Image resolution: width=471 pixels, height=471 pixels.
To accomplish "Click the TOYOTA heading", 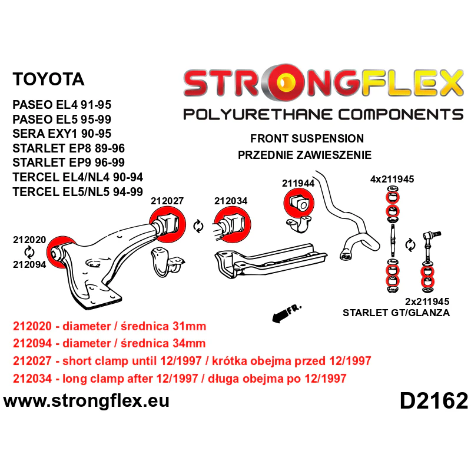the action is (x=48, y=79).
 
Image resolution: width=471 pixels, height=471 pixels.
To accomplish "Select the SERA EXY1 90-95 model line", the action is (x=62, y=134).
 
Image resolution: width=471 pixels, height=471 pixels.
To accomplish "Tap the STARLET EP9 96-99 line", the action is (x=68, y=162).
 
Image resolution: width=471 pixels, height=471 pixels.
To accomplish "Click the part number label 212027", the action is (x=167, y=201).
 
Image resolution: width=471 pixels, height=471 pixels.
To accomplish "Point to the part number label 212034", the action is (x=231, y=201).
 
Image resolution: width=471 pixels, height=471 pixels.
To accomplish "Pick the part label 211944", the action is (x=298, y=183).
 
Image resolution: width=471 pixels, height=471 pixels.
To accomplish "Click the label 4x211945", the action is (x=392, y=179).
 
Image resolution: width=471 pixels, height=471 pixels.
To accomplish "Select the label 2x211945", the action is (x=427, y=301).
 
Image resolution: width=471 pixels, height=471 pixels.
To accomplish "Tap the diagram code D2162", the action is (x=434, y=401).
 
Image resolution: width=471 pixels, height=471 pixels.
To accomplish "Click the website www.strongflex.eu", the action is (x=86, y=401).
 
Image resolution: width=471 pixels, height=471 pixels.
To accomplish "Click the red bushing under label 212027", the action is (x=167, y=225).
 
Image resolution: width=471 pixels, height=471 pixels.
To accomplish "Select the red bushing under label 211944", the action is (x=298, y=204).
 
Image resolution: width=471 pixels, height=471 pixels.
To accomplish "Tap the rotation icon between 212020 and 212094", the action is (x=29, y=252).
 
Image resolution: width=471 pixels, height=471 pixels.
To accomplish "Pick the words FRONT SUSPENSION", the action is (x=307, y=138).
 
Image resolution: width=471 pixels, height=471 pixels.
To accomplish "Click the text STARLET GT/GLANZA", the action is (x=396, y=313).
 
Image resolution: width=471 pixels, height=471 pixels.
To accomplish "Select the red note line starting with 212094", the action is (x=109, y=343).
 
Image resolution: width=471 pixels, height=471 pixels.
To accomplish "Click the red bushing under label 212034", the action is (x=232, y=225).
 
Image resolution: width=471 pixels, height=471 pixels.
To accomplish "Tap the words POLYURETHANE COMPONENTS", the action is (x=323, y=114).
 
